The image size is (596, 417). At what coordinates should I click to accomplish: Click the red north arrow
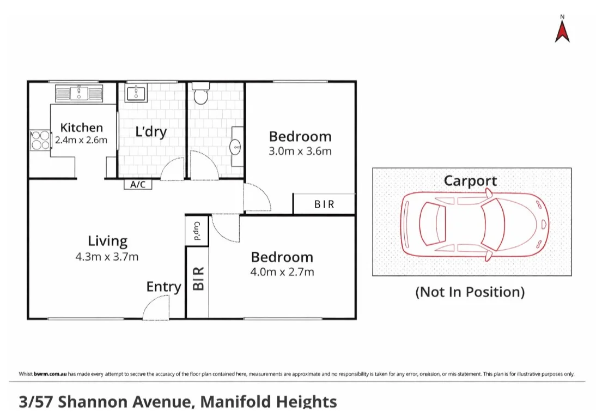click(x=562, y=31)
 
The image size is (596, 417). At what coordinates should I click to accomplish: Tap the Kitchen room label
click(x=81, y=128)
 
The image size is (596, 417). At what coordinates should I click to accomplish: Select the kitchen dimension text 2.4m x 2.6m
click(x=81, y=140)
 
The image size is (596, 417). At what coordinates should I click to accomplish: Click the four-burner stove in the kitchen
click(x=39, y=140)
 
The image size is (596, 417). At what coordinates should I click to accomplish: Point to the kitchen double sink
click(x=79, y=93)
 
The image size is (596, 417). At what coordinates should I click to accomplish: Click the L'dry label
click(x=151, y=132)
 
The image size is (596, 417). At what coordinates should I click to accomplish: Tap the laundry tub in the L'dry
click(x=136, y=93)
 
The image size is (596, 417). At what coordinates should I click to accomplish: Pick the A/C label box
click(x=138, y=184)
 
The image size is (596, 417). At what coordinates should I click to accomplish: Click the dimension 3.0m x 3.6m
click(x=300, y=151)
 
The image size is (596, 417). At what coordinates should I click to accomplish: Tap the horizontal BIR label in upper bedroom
click(x=324, y=204)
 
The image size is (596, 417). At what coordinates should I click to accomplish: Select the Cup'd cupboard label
click(x=197, y=231)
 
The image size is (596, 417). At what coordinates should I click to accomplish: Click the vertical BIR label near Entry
click(x=197, y=278)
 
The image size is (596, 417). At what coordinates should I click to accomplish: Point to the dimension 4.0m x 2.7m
click(x=282, y=271)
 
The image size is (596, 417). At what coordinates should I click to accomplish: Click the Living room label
click(x=107, y=241)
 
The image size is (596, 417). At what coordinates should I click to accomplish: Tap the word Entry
click(x=163, y=287)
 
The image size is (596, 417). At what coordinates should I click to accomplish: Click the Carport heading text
click(x=470, y=181)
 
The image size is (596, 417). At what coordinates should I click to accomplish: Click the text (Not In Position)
click(x=470, y=292)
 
